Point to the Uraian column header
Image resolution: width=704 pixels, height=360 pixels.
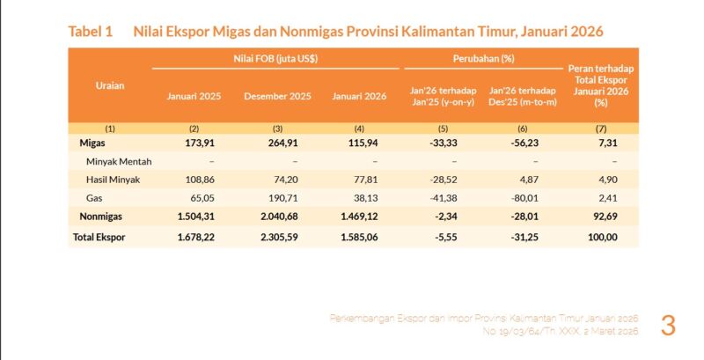click(109, 85)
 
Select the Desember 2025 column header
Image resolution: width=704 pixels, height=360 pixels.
click(277, 95)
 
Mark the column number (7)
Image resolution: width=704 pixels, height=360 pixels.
click(601, 128)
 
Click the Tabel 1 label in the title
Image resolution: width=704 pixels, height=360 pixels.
click(91, 31)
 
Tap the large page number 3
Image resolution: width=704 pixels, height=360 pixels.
click(668, 325)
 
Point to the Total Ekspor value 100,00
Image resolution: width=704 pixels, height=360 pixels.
click(601, 238)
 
